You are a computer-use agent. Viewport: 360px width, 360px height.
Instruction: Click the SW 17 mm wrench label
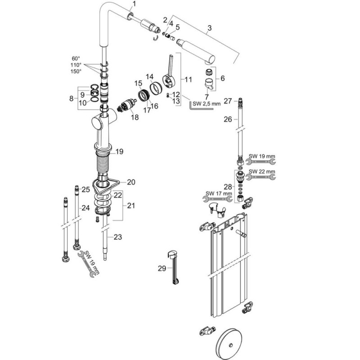[215, 194]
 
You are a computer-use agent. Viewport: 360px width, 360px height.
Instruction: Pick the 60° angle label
[76, 58]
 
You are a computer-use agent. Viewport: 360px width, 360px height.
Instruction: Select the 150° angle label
[75, 71]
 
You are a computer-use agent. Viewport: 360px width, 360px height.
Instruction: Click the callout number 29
[162, 268]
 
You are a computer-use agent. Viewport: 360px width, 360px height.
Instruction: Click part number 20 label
[131, 182]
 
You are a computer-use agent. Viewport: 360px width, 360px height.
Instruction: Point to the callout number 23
[117, 237]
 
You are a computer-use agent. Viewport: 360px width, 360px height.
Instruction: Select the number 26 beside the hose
[228, 120]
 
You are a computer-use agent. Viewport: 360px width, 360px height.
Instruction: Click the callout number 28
[228, 186]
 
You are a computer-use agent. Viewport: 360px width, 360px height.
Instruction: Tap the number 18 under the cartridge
[134, 117]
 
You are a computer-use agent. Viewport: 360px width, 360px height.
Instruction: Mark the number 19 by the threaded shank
[119, 152]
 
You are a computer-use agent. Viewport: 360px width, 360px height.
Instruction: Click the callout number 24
[85, 208]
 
